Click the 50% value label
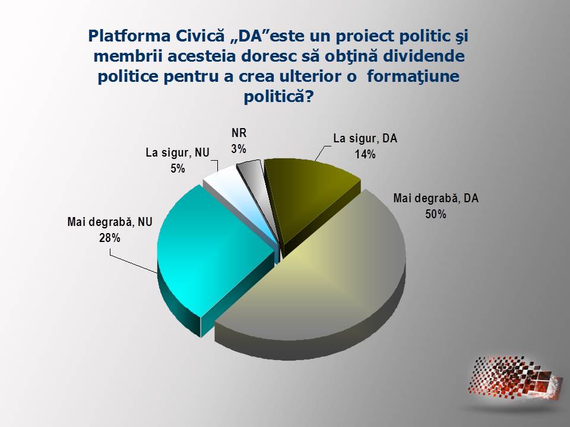[436, 214]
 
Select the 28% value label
[110, 238]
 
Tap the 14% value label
[365, 155]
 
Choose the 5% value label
[178, 168]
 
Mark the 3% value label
[239, 149]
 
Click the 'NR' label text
[239, 133]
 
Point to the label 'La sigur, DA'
[365, 139]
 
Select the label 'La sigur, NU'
[178, 152]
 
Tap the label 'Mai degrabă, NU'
[110, 222]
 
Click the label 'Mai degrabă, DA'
[436, 198]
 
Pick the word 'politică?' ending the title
[278, 97]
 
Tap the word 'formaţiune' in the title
[413, 77]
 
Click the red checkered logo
[515, 378]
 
